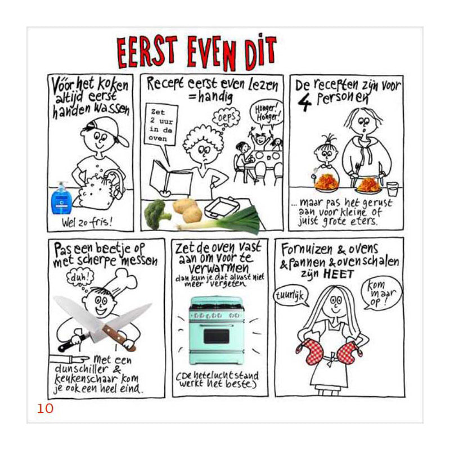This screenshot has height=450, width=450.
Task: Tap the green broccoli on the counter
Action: [157, 214]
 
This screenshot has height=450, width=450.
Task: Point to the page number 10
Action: [45, 408]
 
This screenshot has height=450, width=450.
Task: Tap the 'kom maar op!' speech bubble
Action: [381, 293]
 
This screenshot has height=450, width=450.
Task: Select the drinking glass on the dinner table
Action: [392, 189]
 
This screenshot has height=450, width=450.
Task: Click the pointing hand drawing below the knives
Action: [70, 359]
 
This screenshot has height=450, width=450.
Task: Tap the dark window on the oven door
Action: [217, 336]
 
